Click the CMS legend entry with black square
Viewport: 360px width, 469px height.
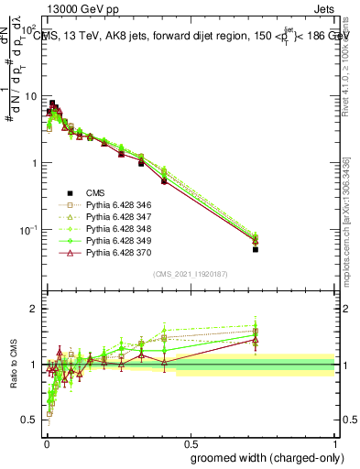[78, 193]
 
